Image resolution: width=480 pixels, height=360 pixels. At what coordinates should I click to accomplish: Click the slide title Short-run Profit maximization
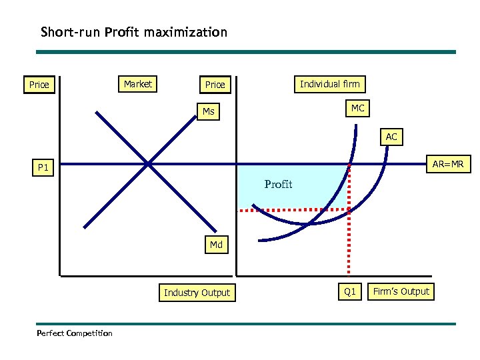133,32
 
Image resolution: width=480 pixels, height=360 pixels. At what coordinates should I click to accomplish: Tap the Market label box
138,84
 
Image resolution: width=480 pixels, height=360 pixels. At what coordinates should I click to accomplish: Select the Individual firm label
329,84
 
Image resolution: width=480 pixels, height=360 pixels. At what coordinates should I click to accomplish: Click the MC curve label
358,108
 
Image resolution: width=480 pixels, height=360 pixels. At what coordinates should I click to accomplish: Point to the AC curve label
391,137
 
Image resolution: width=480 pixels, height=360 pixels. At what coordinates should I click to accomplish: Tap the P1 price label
43,168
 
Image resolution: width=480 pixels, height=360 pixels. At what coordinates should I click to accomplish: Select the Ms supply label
209,111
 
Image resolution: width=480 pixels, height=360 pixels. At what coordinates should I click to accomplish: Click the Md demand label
216,245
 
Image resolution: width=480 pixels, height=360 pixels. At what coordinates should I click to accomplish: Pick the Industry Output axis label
197,293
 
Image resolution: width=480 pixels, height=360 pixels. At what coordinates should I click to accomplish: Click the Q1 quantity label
349,292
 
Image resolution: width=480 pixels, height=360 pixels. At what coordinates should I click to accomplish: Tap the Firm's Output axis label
401,291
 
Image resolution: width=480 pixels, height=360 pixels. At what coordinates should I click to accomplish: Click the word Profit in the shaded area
278,184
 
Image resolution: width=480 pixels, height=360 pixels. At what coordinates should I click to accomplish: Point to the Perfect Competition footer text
75,333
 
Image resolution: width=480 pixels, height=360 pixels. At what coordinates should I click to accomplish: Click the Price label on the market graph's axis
39,85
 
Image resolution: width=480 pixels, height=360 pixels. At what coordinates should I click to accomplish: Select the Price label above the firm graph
215,85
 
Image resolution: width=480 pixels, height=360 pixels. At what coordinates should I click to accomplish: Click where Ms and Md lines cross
147,163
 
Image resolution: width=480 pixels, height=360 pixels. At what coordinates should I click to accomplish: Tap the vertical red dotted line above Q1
349,247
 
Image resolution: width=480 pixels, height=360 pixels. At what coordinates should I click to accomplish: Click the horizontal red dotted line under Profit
293,210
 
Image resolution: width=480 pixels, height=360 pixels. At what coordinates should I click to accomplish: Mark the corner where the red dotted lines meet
349,209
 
